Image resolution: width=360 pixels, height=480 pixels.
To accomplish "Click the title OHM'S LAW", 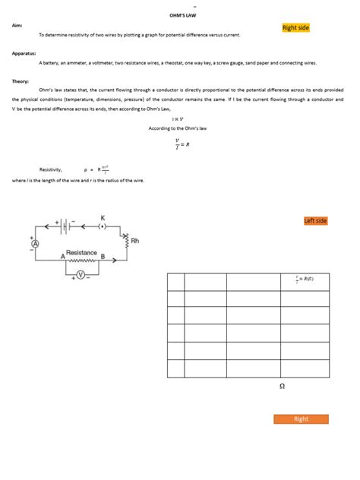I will (180, 14).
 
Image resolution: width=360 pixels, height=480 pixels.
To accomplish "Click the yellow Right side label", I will (295, 28).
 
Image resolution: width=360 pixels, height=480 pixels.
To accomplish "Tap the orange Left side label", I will (315, 220).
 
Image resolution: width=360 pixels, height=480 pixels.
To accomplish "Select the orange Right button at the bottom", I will (301, 418).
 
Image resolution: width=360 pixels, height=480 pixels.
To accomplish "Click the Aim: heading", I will (17, 26).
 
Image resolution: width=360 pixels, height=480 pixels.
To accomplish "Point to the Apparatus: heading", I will (24, 54).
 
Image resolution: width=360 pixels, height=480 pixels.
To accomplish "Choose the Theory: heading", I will (21, 81).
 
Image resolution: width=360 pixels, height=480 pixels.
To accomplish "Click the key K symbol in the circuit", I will (103, 225).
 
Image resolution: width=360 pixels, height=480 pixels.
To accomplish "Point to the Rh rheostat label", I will (135, 241).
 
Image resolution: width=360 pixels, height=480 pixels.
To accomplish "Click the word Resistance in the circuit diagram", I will (81, 251).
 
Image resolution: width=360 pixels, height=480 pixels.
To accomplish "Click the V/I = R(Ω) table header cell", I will (307, 281).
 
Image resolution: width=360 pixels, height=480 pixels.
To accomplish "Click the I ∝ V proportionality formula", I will (177, 119).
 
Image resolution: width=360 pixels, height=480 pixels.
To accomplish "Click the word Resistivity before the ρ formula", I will (51, 169).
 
